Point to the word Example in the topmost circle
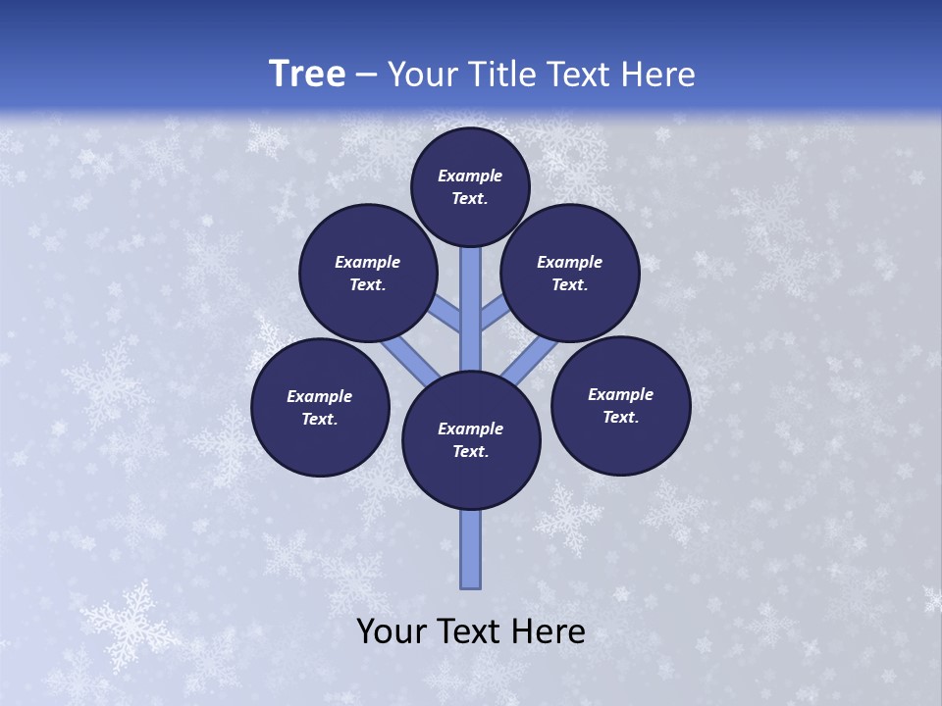pos(470,176)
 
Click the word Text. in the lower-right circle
pos(621,417)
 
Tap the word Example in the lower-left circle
pos(319,396)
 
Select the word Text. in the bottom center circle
pos(470,451)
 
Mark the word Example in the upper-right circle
pos(569,262)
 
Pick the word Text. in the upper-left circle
pos(368,284)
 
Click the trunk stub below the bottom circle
pos(471,549)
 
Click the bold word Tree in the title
pos(307,74)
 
